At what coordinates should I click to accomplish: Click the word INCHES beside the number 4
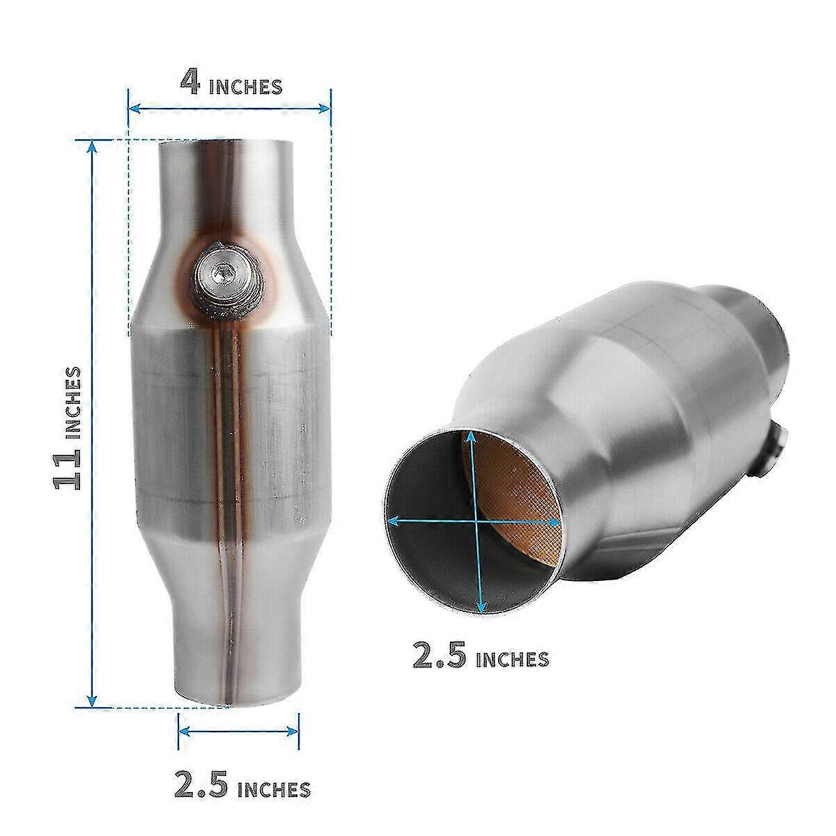point(245,86)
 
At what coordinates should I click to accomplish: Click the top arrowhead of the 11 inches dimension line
point(91,145)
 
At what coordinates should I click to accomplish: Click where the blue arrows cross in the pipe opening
point(476,520)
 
